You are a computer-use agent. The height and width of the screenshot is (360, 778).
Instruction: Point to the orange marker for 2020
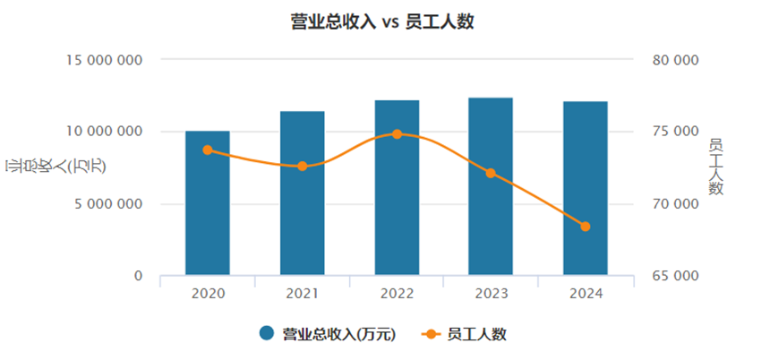pos(208,150)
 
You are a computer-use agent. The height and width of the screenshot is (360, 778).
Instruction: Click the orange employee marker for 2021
pos(303,166)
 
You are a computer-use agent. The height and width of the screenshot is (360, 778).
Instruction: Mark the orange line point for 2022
pos(397,133)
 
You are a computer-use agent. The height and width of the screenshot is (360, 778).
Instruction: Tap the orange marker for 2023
pos(491,173)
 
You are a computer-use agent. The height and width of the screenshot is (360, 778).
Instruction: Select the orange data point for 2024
pos(586,227)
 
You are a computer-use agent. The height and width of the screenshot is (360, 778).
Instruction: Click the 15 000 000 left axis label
pos(105,60)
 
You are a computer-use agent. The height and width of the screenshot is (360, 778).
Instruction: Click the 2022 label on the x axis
pos(397,294)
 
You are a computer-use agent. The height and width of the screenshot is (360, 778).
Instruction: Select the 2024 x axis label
pos(586,294)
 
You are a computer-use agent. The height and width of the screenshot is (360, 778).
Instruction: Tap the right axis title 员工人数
pos(715,167)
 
